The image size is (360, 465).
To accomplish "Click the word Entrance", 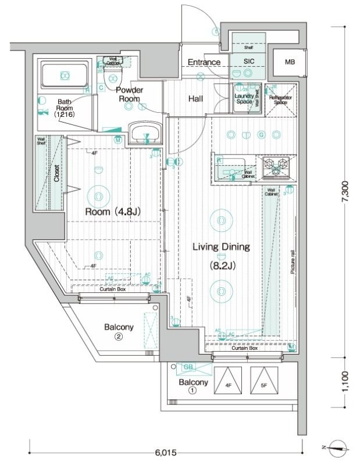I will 204,62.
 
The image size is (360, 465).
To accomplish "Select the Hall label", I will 195,99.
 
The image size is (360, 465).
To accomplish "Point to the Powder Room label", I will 129,94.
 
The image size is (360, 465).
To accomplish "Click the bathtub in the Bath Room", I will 64,76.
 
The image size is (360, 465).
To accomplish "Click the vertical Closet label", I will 56,173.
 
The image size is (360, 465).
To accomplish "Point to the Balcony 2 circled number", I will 118,337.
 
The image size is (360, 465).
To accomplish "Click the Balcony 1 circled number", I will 193,391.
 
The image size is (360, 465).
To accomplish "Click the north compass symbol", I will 337,448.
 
